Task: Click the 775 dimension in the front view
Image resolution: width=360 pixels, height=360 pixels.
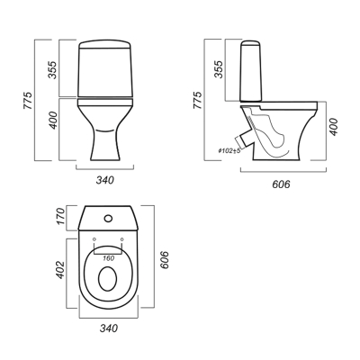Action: tap(27, 100)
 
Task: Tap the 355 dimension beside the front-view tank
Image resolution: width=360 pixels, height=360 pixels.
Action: tap(52, 70)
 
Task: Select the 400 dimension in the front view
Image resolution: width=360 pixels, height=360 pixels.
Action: tap(53, 121)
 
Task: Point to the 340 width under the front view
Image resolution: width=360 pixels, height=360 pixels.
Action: tap(105, 180)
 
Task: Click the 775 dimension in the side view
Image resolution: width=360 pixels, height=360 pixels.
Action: tap(197, 100)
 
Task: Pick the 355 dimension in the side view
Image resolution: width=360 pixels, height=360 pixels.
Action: tap(220, 69)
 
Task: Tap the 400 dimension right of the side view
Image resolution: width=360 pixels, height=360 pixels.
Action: tap(333, 127)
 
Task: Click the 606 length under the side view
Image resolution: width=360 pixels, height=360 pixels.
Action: tap(281, 184)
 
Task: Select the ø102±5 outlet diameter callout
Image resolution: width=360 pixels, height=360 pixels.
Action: tap(229, 151)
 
